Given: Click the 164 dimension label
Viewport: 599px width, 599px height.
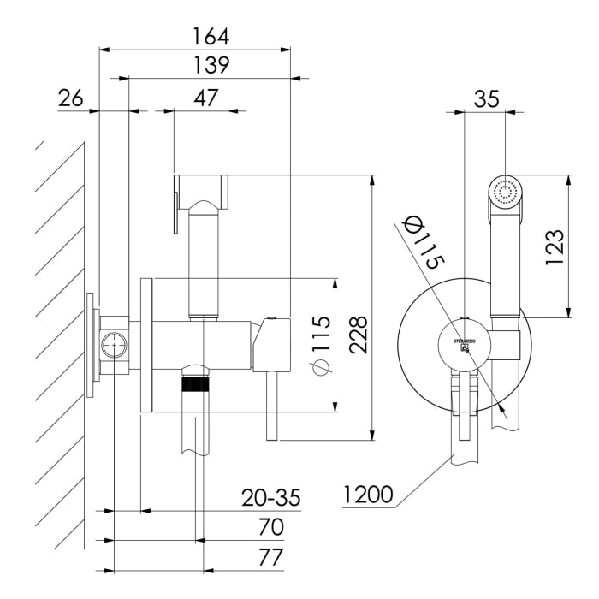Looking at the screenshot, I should (x=211, y=37).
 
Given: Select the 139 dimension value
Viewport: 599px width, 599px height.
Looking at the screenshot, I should (x=211, y=66).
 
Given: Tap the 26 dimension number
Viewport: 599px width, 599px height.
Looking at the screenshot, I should (x=70, y=98).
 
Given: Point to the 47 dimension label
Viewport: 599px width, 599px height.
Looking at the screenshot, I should (x=204, y=98).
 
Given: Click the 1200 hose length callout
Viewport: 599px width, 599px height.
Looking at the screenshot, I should (x=368, y=495).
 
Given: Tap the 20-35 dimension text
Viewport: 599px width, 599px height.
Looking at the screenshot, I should (x=270, y=498).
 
